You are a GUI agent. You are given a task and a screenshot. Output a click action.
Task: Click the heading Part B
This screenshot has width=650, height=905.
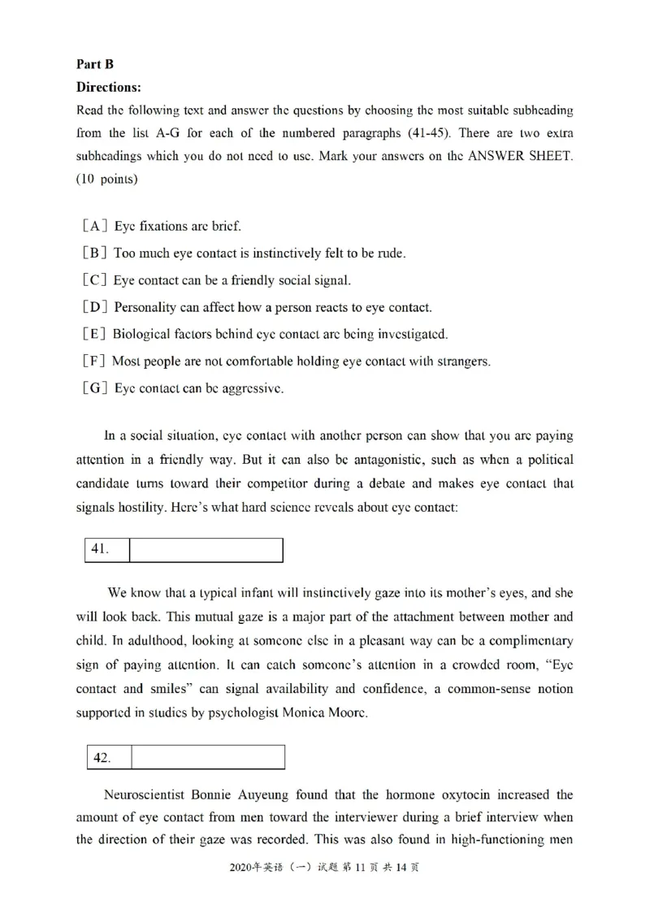point(95,65)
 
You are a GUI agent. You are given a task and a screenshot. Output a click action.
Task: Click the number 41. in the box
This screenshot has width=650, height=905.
point(101,550)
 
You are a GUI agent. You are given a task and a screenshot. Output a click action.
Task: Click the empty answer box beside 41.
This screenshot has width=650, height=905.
point(206,550)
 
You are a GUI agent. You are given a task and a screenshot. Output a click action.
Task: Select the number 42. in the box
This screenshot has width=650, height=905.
point(102,758)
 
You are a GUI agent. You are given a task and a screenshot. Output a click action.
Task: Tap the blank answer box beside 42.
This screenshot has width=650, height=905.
point(207,758)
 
